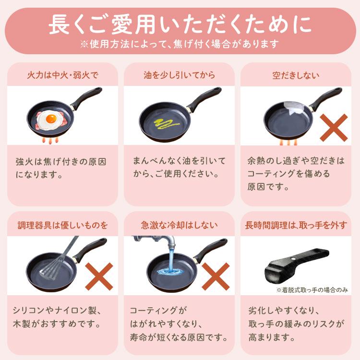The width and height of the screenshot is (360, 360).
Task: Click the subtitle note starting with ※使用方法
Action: coord(180,44)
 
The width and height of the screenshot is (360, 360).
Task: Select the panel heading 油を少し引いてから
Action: coord(179,75)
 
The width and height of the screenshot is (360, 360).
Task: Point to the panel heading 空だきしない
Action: coord(296,75)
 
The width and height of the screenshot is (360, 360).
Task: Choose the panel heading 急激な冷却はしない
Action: coord(179,225)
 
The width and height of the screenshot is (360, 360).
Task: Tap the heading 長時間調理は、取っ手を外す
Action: coord(296,225)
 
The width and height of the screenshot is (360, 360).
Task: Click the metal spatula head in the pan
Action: coord(52,266)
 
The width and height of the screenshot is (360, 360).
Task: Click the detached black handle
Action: coord(302,264)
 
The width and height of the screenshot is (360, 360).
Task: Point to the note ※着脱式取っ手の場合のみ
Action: coord(311,290)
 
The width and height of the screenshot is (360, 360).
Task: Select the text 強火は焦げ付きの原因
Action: coord(61,161)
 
